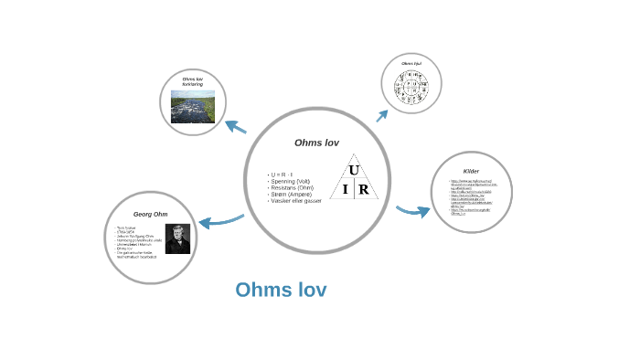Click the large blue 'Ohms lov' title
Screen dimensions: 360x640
click(281, 291)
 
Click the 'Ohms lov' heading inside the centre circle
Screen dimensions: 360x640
click(316, 143)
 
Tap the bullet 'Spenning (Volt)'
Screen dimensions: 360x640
click(291, 181)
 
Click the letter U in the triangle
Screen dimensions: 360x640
click(354, 170)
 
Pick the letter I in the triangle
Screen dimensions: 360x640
click(345, 190)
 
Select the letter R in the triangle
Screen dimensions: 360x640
click(363, 190)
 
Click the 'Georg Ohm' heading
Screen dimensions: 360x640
click(151, 214)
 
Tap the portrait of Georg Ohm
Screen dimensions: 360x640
click(177, 239)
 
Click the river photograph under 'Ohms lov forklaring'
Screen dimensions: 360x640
click(193, 107)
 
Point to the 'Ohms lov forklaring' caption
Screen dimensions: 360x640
click(192, 82)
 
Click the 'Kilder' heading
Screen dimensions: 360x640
click(471, 171)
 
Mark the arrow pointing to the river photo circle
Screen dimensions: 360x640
click(235, 127)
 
